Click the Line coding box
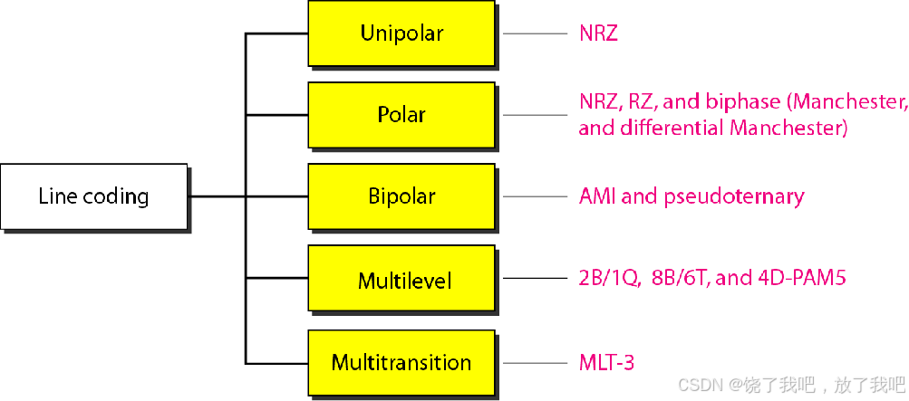(x=93, y=196)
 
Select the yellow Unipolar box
(x=401, y=34)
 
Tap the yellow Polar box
(x=401, y=115)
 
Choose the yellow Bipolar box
(x=401, y=196)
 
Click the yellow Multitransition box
(x=401, y=362)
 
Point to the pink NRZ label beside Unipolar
(x=598, y=34)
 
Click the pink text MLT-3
(x=606, y=363)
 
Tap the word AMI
(x=597, y=196)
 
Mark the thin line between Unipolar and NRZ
(x=535, y=34)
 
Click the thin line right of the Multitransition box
(x=535, y=362)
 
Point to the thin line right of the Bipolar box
(x=535, y=196)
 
